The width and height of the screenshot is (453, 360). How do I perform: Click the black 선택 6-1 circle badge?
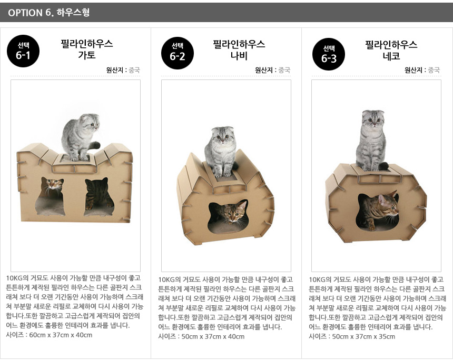click(x=23, y=51)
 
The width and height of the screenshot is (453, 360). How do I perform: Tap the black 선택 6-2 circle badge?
click(x=178, y=53)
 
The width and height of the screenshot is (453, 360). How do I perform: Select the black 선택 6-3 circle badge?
click(x=329, y=54)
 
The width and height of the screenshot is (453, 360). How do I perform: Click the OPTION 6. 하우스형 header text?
click(x=49, y=13)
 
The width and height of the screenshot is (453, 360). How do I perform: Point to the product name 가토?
click(x=87, y=55)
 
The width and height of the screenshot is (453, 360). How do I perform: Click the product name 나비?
click(x=239, y=55)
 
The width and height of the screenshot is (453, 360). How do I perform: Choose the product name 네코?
click(x=391, y=56)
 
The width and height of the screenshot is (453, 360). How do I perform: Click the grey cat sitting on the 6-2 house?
click(x=221, y=151)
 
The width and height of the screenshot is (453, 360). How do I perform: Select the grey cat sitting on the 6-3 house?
click(x=373, y=141)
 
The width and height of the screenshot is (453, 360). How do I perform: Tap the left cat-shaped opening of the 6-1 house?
click(x=50, y=197)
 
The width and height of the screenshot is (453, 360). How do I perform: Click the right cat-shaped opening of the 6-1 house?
click(x=99, y=197)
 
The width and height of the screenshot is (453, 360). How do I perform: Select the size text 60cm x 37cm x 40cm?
click(x=61, y=335)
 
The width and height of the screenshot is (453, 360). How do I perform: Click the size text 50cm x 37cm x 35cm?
click(x=363, y=337)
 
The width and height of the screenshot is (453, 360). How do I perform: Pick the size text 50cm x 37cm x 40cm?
click(x=213, y=337)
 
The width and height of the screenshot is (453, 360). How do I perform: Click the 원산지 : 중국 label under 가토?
click(x=123, y=70)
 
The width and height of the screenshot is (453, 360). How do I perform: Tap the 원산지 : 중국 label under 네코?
click(x=422, y=70)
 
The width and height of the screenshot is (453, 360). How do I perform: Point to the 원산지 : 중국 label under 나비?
click(x=272, y=70)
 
